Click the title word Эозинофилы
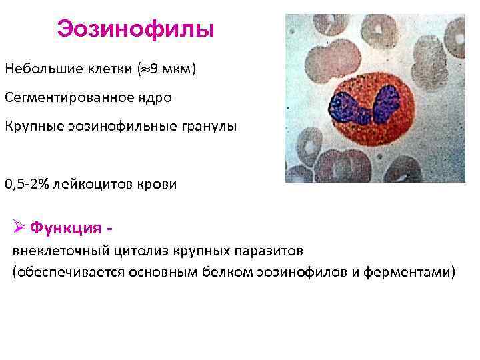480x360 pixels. tap(135, 29)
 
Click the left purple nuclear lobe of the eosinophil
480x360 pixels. tap(348, 106)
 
